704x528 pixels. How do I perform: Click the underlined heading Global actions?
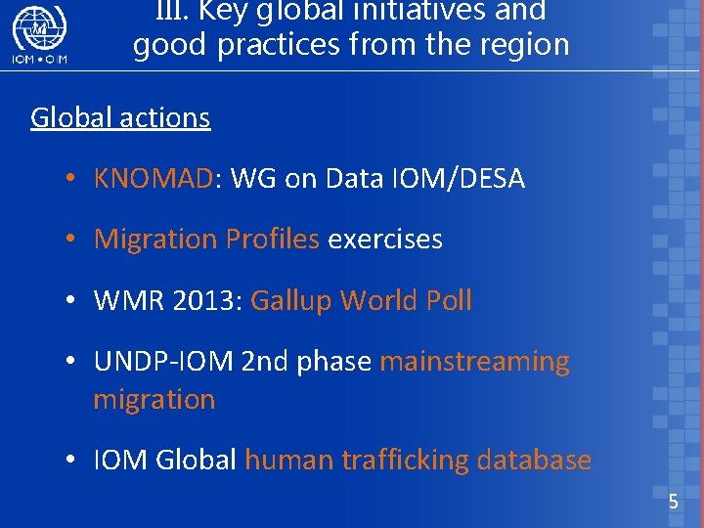[x=120, y=118]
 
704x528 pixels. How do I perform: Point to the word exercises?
[x=385, y=240]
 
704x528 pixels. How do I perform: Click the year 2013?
[x=201, y=301]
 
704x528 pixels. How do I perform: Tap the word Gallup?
[x=291, y=301]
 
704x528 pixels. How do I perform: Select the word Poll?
[x=449, y=301]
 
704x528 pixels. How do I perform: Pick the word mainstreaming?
[x=474, y=362]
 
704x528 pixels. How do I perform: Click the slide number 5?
[x=673, y=503]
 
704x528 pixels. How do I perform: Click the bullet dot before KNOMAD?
[x=72, y=180]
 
